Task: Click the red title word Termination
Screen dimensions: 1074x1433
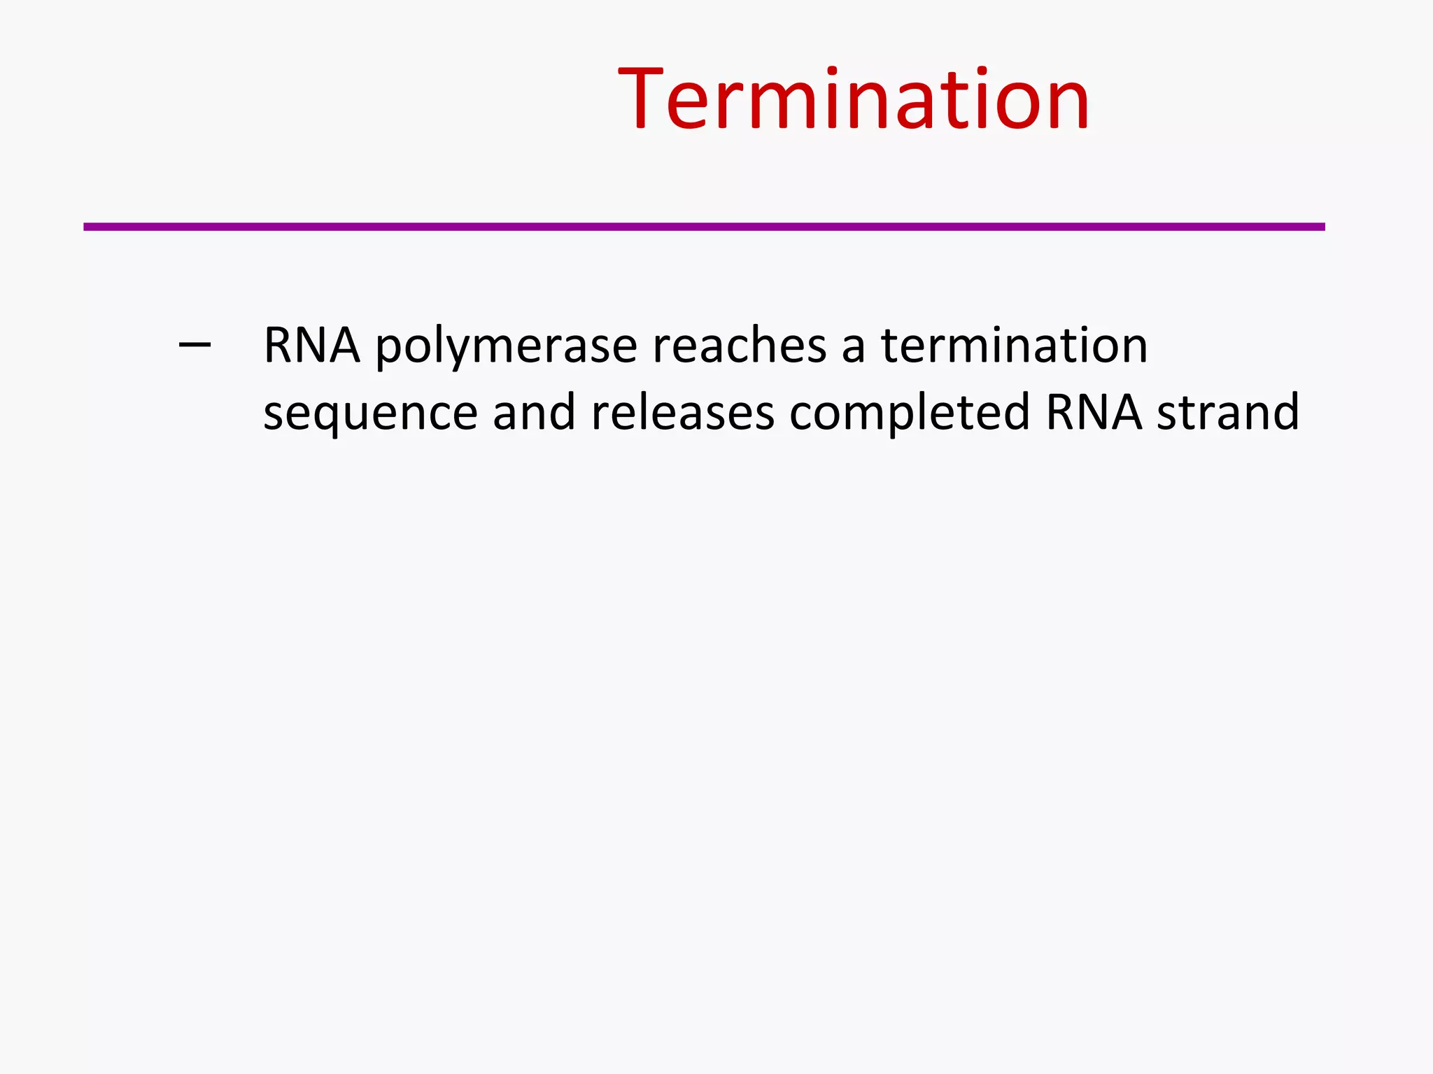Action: click(x=854, y=99)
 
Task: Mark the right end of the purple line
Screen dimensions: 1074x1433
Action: click(x=1322, y=227)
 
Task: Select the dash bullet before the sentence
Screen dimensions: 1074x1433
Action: click(x=195, y=344)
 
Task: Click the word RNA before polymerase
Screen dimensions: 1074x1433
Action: click(x=311, y=346)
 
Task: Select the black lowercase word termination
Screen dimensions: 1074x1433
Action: click(x=1014, y=346)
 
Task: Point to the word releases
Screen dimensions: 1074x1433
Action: click(x=683, y=412)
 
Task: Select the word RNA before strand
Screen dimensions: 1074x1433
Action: click(x=1094, y=412)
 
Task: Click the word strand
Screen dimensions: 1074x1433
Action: click(x=1228, y=412)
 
